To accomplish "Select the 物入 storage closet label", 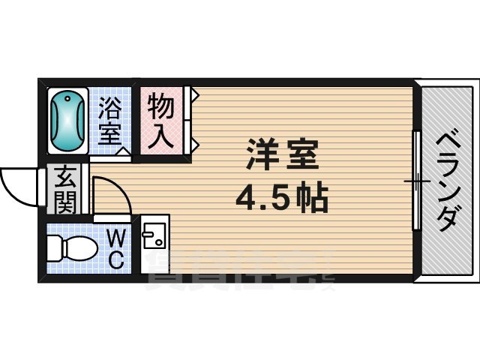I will coord(161,121).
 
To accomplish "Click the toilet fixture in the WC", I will coord(71,247).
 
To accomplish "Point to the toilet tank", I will coord(52,247).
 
